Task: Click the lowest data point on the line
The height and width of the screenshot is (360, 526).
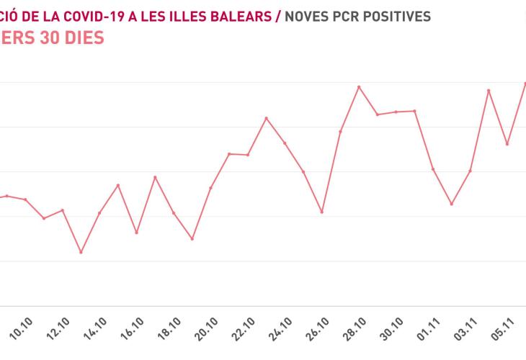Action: click(81, 252)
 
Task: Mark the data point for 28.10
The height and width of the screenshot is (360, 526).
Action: click(359, 87)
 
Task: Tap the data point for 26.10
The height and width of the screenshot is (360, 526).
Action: click(321, 212)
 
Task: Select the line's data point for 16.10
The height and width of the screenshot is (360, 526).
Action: click(136, 233)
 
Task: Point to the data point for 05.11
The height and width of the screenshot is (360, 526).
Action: click(507, 144)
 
